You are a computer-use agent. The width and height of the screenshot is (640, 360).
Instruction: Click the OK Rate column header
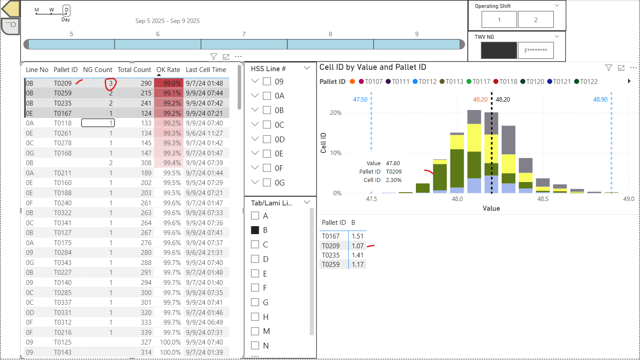point(168,70)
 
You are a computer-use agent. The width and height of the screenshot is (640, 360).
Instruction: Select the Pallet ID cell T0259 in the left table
point(62,93)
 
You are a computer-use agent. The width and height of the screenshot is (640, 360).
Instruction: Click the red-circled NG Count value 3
point(110,83)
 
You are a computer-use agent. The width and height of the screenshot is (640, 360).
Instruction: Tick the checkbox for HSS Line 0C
point(267,125)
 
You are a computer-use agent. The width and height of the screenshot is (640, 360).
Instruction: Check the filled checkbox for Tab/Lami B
point(255,230)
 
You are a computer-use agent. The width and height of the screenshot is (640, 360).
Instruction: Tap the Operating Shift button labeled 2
point(535,20)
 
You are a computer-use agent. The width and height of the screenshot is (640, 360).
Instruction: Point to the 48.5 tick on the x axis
point(543,199)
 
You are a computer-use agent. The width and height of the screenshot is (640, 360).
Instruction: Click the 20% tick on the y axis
point(335,113)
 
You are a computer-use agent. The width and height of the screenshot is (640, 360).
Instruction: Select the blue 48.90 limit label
point(600,99)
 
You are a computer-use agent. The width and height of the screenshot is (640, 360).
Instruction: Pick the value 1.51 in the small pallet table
point(357,236)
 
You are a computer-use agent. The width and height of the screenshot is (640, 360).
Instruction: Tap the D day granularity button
point(66,10)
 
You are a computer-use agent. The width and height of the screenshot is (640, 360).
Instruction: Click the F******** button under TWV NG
point(535,50)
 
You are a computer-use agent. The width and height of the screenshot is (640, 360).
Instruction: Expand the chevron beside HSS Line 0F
point(255,168)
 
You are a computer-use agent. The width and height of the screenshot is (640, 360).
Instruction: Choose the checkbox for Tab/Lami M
point(255,331)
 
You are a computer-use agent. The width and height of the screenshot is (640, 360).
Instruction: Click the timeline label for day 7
point(244,34)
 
